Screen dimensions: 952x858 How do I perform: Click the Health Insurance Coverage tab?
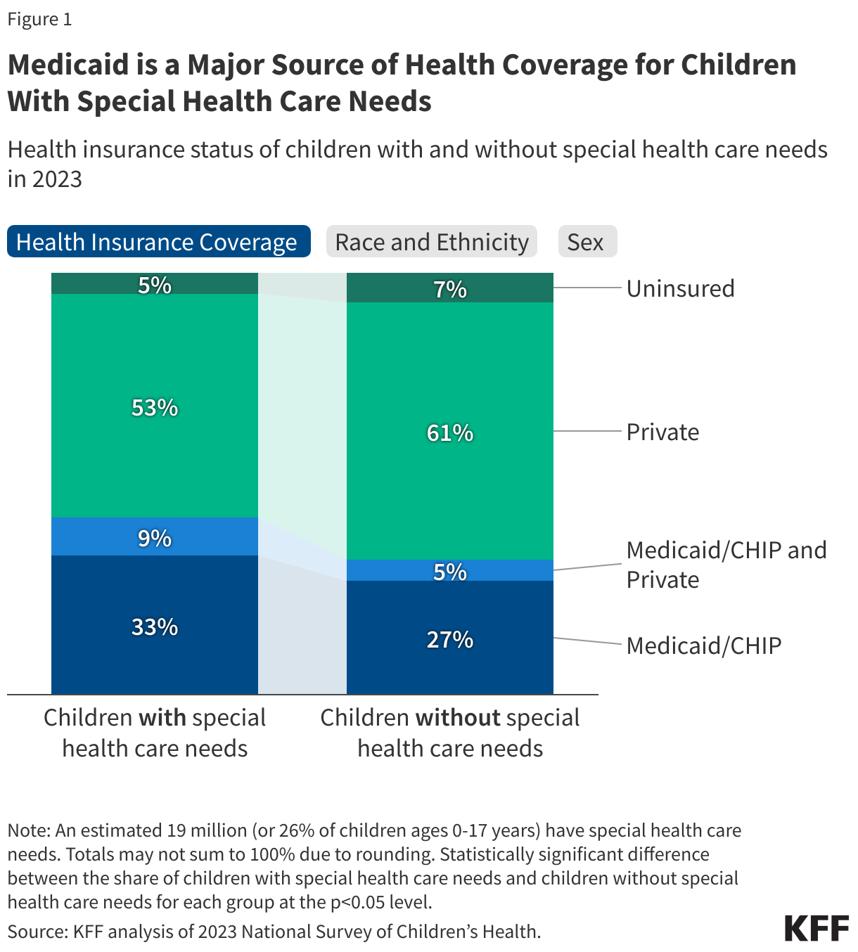pyautogui.click(x=158, y=242)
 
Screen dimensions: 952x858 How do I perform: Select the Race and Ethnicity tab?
pyautogui.click(x=432, y=242)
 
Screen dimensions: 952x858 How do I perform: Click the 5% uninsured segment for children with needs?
pyautogui.click(x=155, y=284)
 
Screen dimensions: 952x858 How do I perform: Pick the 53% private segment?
pyautogui.click(x=155, y=407)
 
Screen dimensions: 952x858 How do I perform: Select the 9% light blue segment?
pyautogui.click(x=155, y=538)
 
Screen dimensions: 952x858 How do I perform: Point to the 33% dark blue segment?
pyautogui.click(x=155, y=626)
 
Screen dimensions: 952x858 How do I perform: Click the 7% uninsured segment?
pyautogui.click(x=450, y=288)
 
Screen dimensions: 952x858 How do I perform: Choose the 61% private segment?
pyautogui.click(x=450, y=432)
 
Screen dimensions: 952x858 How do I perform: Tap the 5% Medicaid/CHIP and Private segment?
pyautogui.click(x=450, y=571)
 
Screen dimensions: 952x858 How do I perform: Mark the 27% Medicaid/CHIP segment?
pyautogui.click(x=450, y=638)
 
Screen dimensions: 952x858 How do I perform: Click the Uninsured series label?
pyautogui.click(x=680, y=288)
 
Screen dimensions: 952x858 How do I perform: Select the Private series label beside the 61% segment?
pyautogui.click(x=662, y=432)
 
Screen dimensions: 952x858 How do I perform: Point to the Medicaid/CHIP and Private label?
pyautogui.click(x=726, y=565)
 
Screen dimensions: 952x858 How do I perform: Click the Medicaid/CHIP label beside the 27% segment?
pyautogui.click(x=704, y=645)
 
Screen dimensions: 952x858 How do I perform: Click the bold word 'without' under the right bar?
pyautogui.click(x=458, y=718)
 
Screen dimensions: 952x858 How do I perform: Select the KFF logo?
pyautogui.click(x=817, y=928)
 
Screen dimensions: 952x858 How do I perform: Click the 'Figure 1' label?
pyautogui.click(x=40, y=19)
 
